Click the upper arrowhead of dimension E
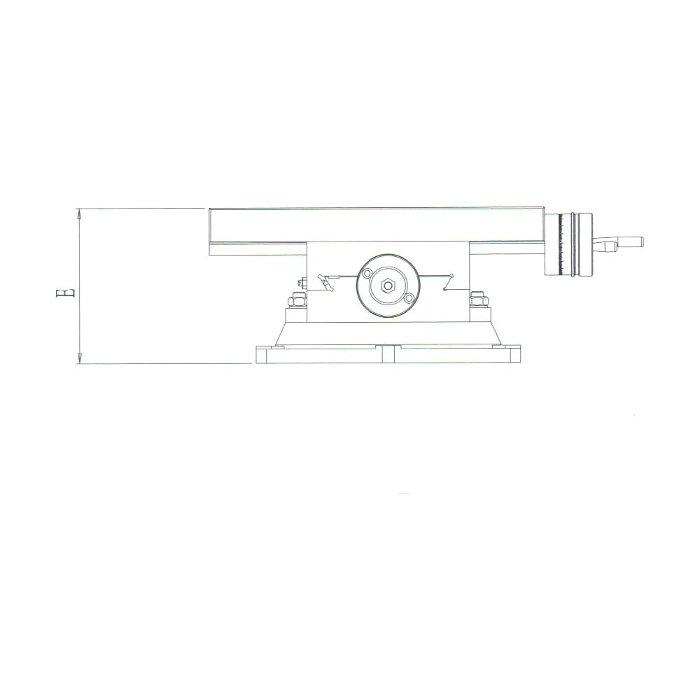[80, 214]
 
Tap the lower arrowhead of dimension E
[80, 357]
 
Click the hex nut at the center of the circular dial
[387, 286]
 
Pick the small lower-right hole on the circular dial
[409, 298]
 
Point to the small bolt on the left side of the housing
[300, 283]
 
